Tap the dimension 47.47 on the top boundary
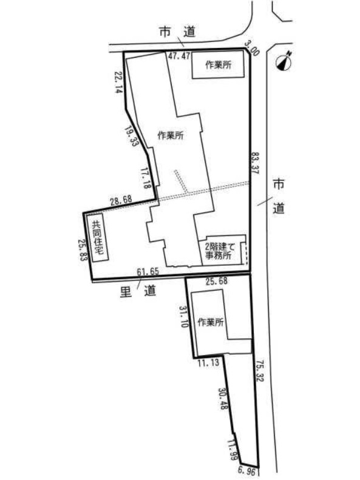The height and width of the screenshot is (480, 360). coord(179,56)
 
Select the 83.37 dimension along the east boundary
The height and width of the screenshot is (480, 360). coord(255,163)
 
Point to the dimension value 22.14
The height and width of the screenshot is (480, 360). coord(119,82)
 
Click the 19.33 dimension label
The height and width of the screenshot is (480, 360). coord(130,136)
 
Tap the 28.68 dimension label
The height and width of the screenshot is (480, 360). coord(121,200)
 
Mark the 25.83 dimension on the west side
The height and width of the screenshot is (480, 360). coord(82,250)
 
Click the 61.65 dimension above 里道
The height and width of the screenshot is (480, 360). coord(148,271)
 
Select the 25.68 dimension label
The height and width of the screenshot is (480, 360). coord(217,281)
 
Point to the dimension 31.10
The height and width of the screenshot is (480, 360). coord(184,317)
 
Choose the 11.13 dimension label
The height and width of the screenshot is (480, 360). coord(208,363)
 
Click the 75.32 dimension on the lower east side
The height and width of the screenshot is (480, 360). coord(259,371)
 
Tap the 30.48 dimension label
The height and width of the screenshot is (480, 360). coord(223,399)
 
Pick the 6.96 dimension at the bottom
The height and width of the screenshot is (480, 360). coord(246,471)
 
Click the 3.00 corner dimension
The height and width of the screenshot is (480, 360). coord(252,49)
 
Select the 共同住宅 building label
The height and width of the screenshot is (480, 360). coord(98,237)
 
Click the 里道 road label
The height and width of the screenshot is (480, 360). coord(138,291)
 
